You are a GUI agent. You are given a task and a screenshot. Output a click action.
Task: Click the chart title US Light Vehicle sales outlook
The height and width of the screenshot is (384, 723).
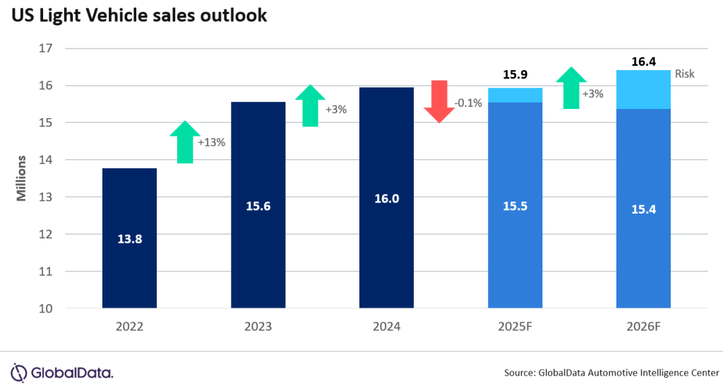click(x=138, y=16)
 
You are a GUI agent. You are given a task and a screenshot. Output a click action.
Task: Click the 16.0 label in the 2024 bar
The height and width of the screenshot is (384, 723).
click(x=386, y=199)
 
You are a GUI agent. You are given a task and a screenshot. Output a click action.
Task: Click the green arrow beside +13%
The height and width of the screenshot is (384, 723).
click(x=185, y=141)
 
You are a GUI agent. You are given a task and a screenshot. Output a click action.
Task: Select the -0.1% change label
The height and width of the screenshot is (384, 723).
click(x=467, y=103)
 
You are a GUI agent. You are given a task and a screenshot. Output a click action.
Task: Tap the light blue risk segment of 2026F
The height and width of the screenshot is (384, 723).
click(x=643, y=89)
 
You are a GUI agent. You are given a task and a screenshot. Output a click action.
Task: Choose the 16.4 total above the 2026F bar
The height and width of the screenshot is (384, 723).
click(x=643, y=62)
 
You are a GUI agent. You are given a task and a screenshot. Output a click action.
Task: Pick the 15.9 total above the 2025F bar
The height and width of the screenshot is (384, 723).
click(x=515, y=74)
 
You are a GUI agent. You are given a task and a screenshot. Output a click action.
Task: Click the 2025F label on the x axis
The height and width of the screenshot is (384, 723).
click(x=515, y=327)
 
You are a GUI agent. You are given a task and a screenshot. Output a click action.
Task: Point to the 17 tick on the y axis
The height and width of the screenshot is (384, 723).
click(x=47, y=49)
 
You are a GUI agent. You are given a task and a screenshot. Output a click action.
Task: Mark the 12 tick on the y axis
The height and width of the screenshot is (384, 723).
click(x=47, y=234)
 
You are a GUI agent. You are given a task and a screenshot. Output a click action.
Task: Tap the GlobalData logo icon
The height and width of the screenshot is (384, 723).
click(x=19, y=372)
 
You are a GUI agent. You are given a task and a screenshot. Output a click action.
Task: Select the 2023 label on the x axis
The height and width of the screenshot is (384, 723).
click(x=258, y=327)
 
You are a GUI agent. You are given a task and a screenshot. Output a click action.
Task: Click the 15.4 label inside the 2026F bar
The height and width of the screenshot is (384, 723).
click(x=643, y=209)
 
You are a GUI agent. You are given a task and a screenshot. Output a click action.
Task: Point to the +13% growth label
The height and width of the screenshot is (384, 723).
click(x=211, y=142)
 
